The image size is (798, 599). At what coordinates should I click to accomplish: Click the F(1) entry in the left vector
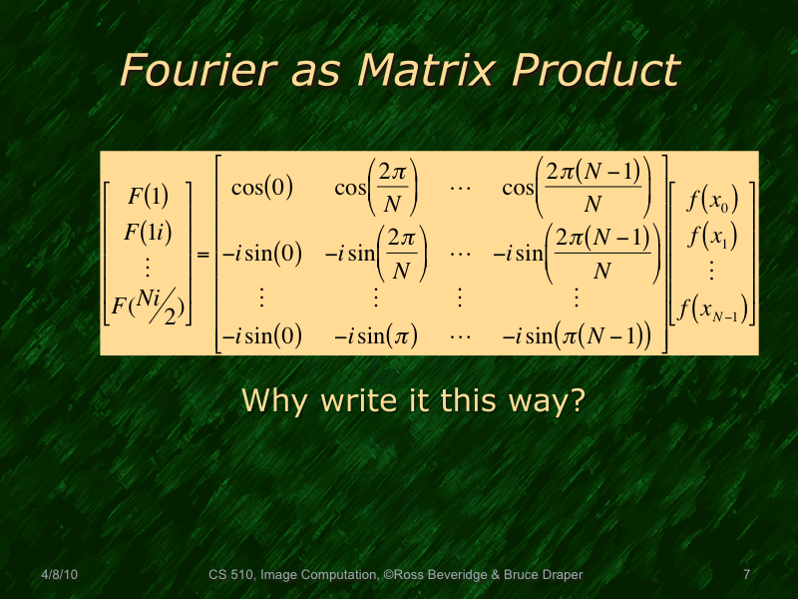[x=148, y=195]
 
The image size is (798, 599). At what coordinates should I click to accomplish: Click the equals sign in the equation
[x=202, y=257]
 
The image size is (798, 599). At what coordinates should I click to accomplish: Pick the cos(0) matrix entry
[x=261, y=188]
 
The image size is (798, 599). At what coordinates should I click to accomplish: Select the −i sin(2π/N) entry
[x=376, y=254]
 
